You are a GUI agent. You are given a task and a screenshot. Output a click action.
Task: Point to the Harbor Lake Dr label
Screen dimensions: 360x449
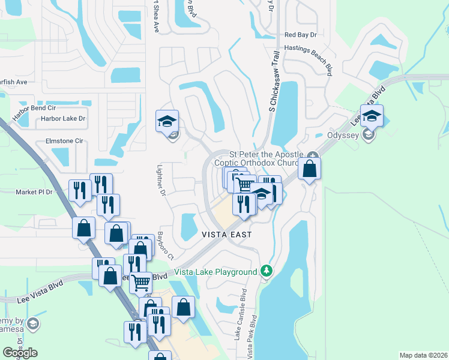63,119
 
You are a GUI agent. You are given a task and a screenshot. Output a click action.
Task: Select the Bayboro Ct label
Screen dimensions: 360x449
165,246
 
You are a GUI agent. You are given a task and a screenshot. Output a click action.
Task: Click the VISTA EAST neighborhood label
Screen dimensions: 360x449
226,235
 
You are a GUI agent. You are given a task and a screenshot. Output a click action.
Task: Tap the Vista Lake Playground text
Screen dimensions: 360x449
215,272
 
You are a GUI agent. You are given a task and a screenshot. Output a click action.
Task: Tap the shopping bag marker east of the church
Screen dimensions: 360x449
309,169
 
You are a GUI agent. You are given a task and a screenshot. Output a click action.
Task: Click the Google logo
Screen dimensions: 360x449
20,353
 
